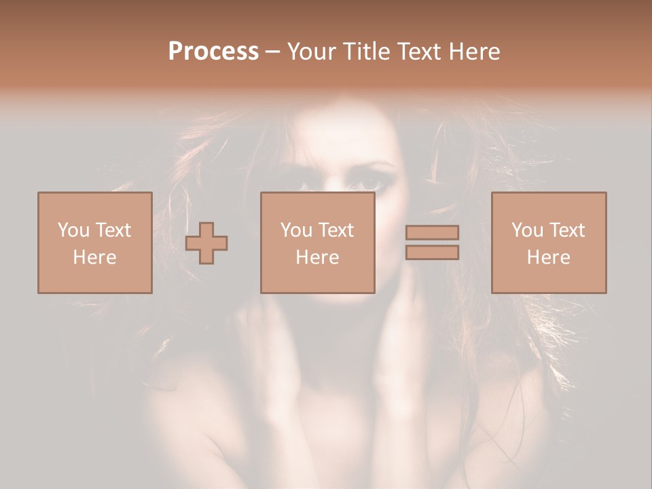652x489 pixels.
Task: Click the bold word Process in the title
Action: pos(213,52)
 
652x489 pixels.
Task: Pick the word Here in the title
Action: pos(476,52)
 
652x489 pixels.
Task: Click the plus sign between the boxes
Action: pos(206,242)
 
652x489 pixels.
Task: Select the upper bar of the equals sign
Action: pos(432,232)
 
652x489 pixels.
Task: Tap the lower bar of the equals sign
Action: pos(432,253)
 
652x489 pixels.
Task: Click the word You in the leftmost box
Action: pos(73,230)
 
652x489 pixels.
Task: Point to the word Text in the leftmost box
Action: pos(113,230)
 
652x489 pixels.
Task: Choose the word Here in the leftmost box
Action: pos(94,257)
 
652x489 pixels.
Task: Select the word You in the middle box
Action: pos(296,230)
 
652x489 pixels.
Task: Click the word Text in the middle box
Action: pos(336,230)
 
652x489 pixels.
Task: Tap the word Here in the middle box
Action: pos(317,257)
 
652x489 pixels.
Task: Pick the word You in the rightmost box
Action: pos(527,230)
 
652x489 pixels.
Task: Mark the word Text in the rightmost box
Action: pos(566,230)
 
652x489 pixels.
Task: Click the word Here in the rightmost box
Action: pos(548,257)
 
